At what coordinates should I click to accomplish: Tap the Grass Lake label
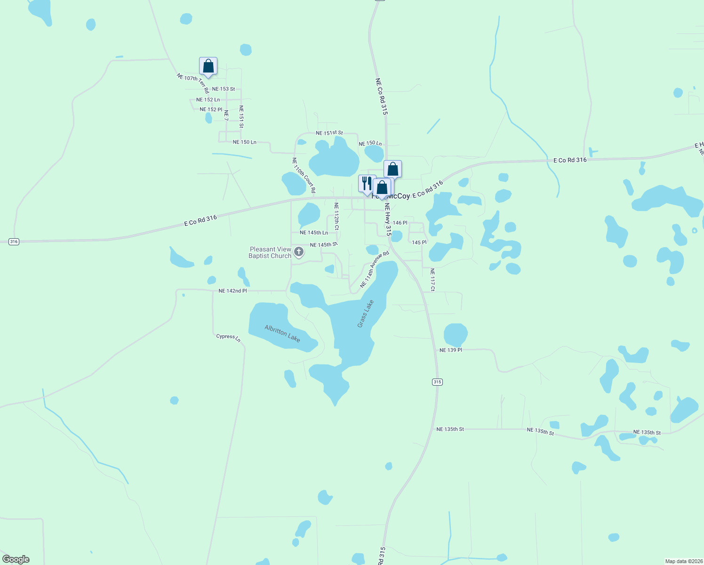click(x=365, y=314)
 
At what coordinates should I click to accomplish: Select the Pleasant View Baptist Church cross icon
click(x=298, y=252)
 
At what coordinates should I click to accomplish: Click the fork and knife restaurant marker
click(x=367, y=184)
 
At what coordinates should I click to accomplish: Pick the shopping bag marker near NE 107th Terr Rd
click(x=208, y=66)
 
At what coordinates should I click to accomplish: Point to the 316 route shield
click(x=14, y=242)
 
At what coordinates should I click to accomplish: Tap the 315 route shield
click(x=437, y=382)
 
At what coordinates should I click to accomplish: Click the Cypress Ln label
click(x=228, y=338)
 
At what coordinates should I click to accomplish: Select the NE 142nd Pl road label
click(x=232, y=291)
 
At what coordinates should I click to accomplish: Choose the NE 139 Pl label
click(x=451, y=350)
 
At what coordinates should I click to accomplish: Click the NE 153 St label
click(x=224, y=89)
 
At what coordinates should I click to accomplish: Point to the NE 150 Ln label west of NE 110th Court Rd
click(x=245, y=142)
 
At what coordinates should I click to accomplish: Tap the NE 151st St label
click(x=329, y=133)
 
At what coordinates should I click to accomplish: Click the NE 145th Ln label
click(x=314, y=233)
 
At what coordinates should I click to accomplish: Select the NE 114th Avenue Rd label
click(x=375, y=269)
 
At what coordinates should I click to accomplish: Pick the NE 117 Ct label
click(x=432, y=279)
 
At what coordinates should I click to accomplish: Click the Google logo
click(x=16, y=559)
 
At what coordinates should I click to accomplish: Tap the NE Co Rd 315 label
click(x=381, y=97)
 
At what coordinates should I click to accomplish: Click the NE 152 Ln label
click(x=208, y=100)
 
